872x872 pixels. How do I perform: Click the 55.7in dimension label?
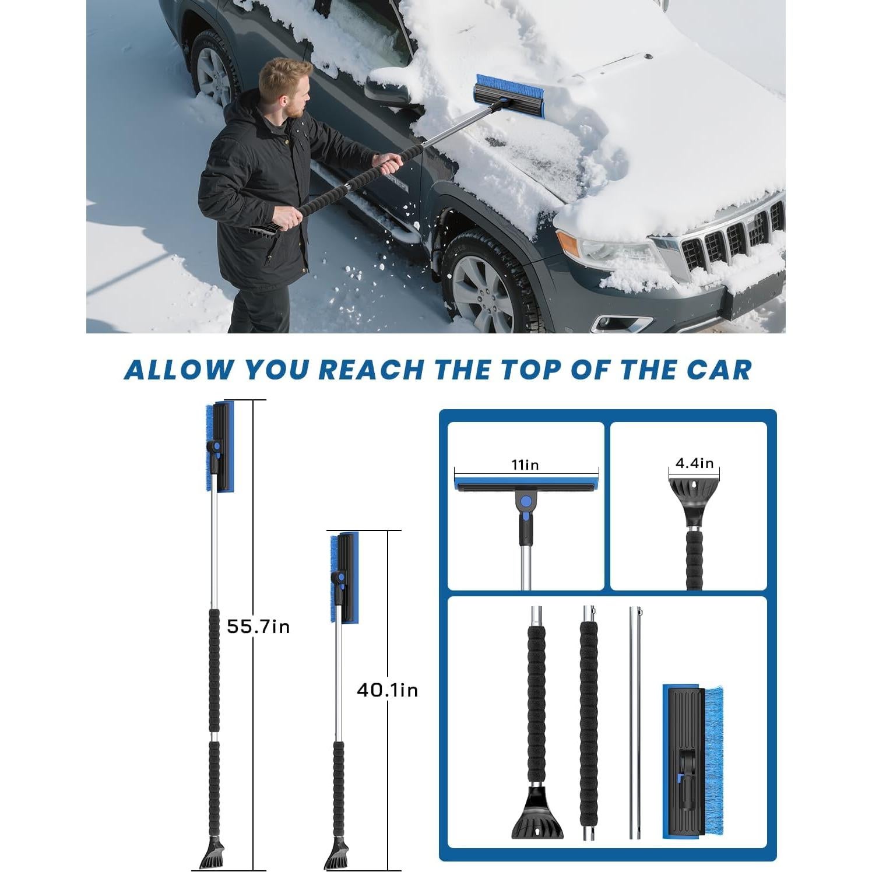[x=258, y=627]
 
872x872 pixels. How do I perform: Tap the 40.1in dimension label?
[x=387, y=690]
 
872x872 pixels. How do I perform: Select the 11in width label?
[x=525, y=465]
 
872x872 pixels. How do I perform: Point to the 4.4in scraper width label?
[x=694, y=463]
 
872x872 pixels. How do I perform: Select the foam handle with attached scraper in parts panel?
[x=536, y=729]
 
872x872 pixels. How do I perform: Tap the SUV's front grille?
[x=729, y=239]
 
